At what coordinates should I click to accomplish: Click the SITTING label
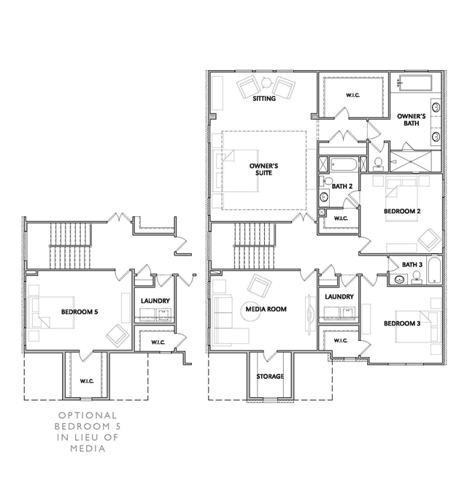(x=264, y=99)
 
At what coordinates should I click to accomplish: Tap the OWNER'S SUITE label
(x=263, y=169)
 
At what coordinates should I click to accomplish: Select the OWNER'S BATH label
(x=412, y=120)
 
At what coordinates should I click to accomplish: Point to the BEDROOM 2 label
(x=402, y=211)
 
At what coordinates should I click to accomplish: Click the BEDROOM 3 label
(x=402, y=323)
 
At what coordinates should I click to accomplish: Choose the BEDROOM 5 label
(x=80, y=312)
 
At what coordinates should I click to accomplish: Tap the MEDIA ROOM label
(x=266, y=309)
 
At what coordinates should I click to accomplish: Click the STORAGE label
(x=270, y=376)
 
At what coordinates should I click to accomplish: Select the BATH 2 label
(x=342, y=186)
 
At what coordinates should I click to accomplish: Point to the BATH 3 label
(x=412, y=264)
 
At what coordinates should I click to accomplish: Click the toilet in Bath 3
(x=416, y=277)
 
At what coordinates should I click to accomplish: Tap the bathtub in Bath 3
(x=434, y=270)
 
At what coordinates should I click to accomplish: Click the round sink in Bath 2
(x=325, y=197)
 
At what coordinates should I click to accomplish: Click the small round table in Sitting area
(x=266, y=83)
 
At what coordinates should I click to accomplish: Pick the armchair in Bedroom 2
(x=430, y=239)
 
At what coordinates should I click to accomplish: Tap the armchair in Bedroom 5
(x=117, y=336)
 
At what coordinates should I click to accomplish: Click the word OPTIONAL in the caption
(x=88, y=415)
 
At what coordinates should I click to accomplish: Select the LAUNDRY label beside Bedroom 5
(x=155, y=301)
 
